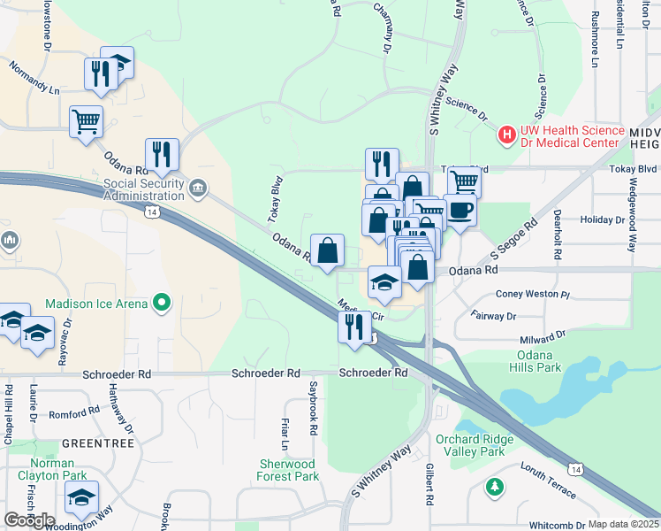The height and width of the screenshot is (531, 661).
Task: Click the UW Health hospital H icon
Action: click(507, 135)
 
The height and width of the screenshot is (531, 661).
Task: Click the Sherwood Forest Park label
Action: click(288, 470)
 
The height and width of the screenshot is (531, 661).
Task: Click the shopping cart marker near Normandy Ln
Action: click(86, 121)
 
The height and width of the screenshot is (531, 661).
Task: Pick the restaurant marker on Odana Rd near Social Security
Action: click(162, 154)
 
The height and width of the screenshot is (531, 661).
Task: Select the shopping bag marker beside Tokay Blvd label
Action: click(327, 250)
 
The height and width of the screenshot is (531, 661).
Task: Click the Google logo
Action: click(29, 520)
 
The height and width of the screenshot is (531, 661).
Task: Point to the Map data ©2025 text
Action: click(622, 524)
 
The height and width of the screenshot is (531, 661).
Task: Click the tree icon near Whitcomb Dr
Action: click(495, 487)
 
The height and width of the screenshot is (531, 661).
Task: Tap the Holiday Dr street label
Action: click(603, 219)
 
